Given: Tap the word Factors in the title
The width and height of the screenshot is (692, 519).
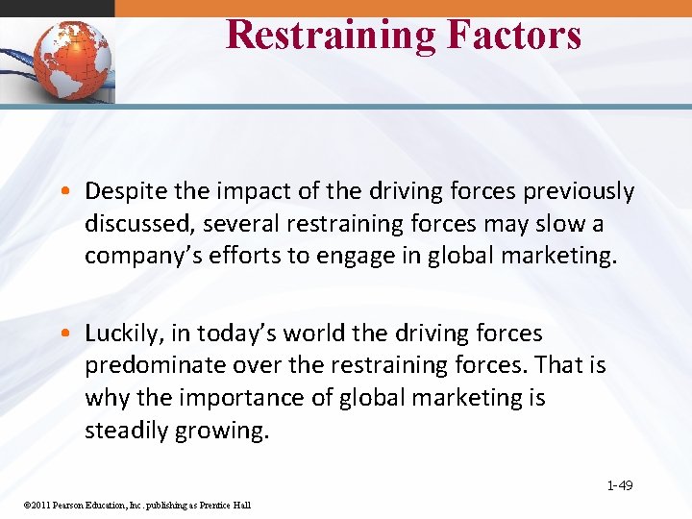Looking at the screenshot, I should (x=513, y=35).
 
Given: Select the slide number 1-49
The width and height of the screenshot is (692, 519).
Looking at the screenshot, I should (x=619, y=485).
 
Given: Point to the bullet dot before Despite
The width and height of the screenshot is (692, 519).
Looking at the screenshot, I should (x=73, y=192).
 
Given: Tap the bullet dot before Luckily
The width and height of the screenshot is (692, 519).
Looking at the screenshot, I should (x=73, y=334).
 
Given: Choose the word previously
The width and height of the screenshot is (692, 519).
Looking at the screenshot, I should (x=579, y=192).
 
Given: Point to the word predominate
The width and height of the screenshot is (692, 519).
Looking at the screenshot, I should (x=155, y=365).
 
